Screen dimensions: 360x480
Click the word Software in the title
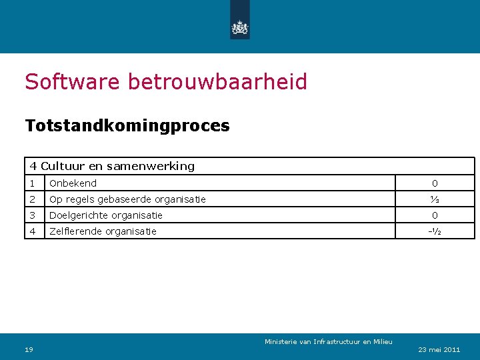pyautogui.click(x=72, y=82)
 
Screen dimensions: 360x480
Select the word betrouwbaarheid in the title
pyautogui.click(x=217, y=82)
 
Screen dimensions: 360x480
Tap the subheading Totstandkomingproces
pyautogui.click(x=127, y=125)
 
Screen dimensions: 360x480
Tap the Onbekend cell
pyautogui.click(x=73, y=183)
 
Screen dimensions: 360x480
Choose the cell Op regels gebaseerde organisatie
pyautogui.click(x=127, y=199)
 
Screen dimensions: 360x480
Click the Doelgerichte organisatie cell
pyautogui.click(x=106, y=215)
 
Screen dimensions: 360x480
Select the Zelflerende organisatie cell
pyautogui.click(x=103, y=231)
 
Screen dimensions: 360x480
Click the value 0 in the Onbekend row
pyautogui.click(x=435, y=183)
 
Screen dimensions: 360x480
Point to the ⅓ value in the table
pyautogui.click(x=435, y=199)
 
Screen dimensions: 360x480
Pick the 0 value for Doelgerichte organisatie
pyautogui.click(x=435, y=215)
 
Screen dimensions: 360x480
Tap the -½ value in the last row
pyautogui.click(x=435, y=231)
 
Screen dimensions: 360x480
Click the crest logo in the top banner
pyautogui.click(x=239, y=27)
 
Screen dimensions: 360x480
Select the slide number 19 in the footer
pyautogui.click(x=29, y=349)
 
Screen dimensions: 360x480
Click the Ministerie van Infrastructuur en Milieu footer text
pyautogui.click(x=329, y=342)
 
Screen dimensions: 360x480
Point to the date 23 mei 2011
pyautogui.click(x=439, y=349)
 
